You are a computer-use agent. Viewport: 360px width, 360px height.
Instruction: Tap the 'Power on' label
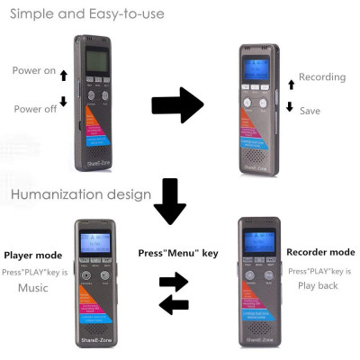pos(33,71)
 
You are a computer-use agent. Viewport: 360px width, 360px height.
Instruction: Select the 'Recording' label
pos(321,77)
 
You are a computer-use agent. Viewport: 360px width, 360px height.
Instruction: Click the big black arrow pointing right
pos(177,104)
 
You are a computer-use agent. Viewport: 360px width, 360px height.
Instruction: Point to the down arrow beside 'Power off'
pos(63,102)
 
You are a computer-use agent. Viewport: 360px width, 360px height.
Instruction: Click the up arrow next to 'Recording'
pos(290,84)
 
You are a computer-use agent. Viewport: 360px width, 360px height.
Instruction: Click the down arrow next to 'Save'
pos(290,106)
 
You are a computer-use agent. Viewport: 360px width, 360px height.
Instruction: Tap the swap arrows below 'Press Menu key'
pos(174,293)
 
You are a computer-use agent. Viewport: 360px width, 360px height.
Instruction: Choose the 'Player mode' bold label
pos(33,256)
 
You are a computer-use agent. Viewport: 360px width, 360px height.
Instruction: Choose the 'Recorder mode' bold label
pos(319,252)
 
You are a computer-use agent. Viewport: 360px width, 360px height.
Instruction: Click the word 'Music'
pos(32,288)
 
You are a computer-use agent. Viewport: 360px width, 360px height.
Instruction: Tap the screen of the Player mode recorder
pos(94,245)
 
